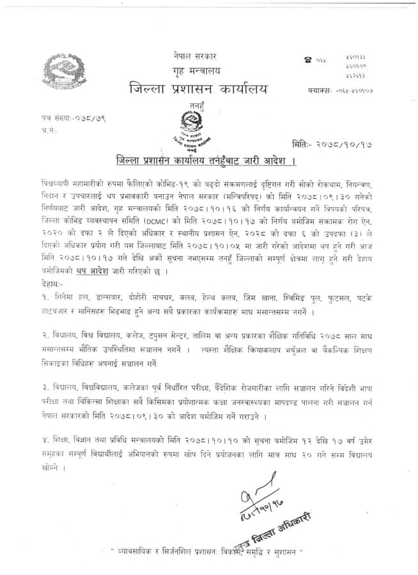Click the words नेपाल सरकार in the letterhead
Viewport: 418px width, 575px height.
click(194, 56)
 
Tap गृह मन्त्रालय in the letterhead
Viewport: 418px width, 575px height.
click(194, 70)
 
